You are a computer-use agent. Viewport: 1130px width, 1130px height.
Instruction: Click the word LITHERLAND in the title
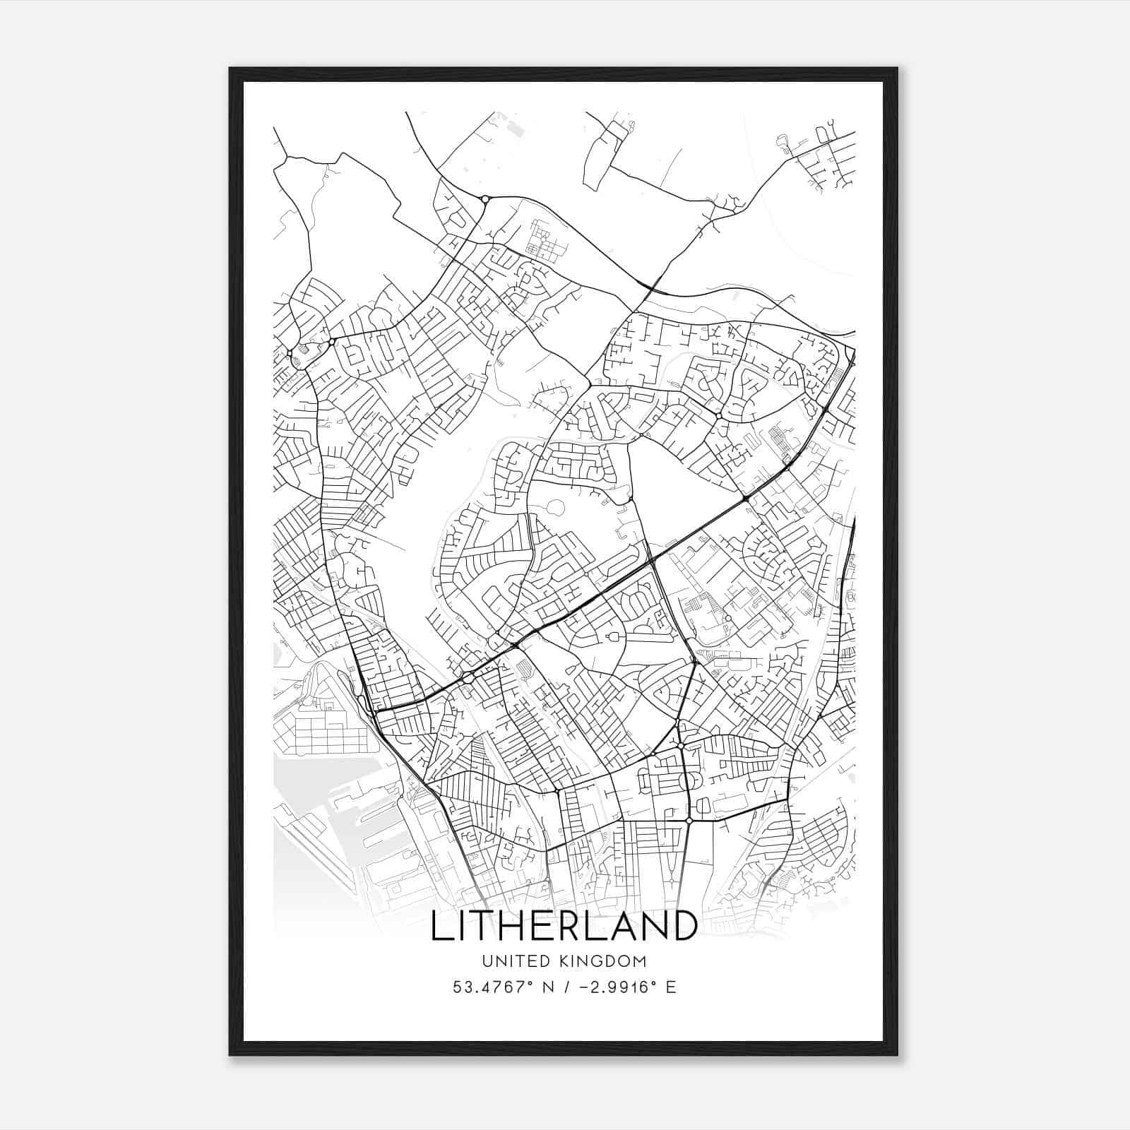tap(564, 926)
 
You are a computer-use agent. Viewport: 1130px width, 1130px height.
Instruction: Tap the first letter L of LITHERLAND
tap(440, 926)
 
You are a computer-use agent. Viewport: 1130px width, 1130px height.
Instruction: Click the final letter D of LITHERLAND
tap(684, 926)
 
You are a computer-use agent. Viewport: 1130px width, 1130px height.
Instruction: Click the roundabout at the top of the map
tap(484, 199)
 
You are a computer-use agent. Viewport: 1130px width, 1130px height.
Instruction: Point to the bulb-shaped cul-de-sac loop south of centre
tap(613, 638)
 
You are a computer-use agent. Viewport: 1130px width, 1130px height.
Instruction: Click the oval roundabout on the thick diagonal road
tap(468, 678)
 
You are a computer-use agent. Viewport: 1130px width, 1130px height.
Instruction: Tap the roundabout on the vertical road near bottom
tap(689, 821)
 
